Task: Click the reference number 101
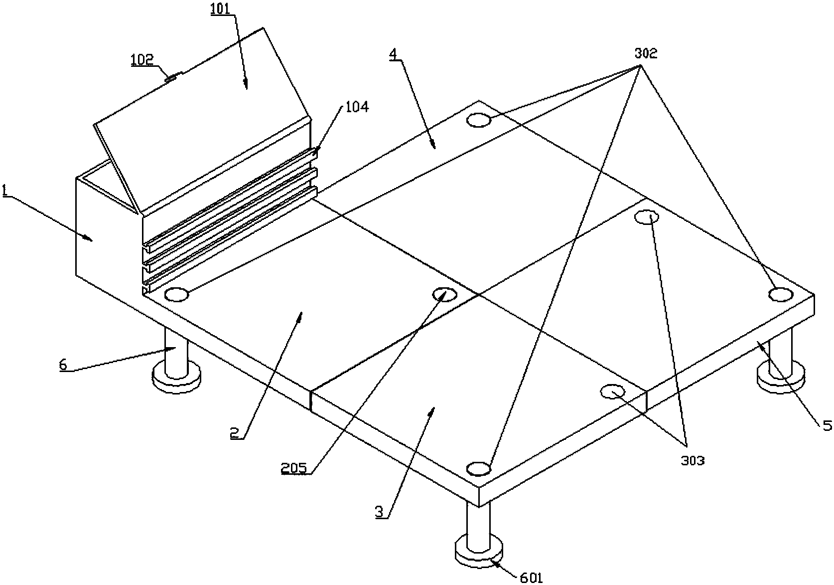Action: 221,9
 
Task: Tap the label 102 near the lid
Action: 142,60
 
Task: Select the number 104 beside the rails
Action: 357,107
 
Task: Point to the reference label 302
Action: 646,54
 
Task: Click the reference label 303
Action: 693,461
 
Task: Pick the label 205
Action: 294,468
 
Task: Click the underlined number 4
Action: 393,54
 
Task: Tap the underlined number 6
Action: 63,365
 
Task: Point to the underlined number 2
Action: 234,433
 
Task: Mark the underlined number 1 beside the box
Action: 5,191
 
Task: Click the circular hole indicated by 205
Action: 444,294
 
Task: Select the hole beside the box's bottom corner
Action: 176,294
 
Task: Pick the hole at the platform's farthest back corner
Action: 479,120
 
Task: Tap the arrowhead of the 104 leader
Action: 316,152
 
